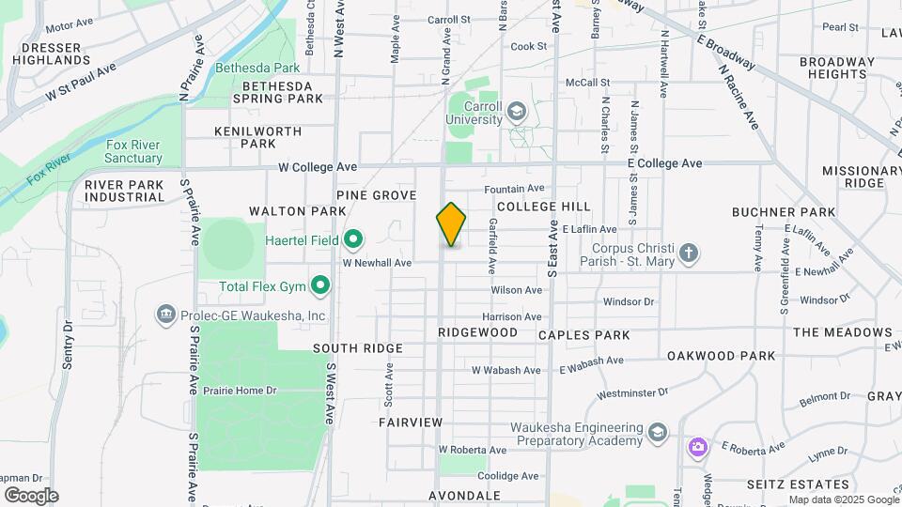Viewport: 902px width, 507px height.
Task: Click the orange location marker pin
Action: click(451, 224)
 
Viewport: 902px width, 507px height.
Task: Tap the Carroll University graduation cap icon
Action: click(515, 113)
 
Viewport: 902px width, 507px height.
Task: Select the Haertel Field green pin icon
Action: click(353, 240)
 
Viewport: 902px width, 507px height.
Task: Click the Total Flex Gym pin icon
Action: click(320, 284)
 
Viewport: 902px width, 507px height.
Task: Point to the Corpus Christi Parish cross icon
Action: click(689, 253)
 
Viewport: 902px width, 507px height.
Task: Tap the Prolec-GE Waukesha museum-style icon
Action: click(167, 314)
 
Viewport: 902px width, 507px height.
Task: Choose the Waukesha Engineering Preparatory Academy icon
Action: click(657, 432)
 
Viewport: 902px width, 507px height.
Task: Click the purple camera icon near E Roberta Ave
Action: click(697, 446)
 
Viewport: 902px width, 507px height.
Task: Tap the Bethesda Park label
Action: click(257, 68)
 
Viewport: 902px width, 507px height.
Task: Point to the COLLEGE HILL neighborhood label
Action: click(544, 206)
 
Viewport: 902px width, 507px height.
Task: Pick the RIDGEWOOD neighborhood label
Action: click(477, 332)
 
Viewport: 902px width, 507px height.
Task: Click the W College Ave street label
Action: click(318, 167)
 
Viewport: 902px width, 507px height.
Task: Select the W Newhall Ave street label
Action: click(377, 264)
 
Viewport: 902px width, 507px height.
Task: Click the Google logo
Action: click(31, 496)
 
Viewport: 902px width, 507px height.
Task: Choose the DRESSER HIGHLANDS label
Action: click(53, 53)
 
